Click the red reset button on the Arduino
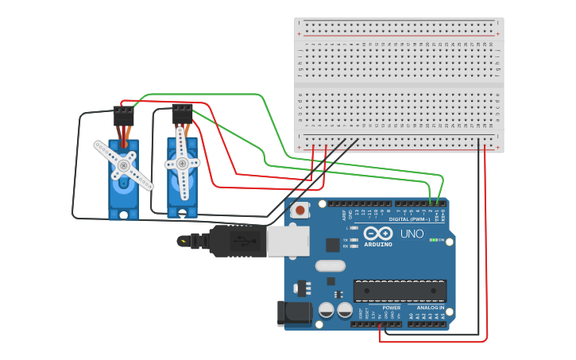(300, 211)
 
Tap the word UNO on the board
(411, 234)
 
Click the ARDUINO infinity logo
(379, 234)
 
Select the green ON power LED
(436, 240)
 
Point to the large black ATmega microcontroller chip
(400, 291)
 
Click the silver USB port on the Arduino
(288, 241)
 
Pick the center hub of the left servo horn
(124, 165)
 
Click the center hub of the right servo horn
(182, 164)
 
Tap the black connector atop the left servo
(123, 116)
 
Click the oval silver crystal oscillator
(330, 266)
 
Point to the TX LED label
(346, 239)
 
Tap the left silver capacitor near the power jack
(326, 310)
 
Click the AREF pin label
(345, 215)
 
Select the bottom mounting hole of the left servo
(123, 214)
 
